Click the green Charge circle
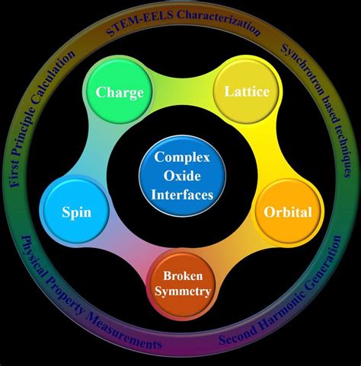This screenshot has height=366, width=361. point(120,93)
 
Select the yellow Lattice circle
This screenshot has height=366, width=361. point(246,91)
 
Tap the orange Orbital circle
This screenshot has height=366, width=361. point(287,212)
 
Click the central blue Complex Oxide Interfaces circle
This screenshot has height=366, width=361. point(181,176)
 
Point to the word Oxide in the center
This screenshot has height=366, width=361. point(181,176)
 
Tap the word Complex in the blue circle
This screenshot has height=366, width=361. point(181,158)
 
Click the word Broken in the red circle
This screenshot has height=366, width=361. point(180,275)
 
